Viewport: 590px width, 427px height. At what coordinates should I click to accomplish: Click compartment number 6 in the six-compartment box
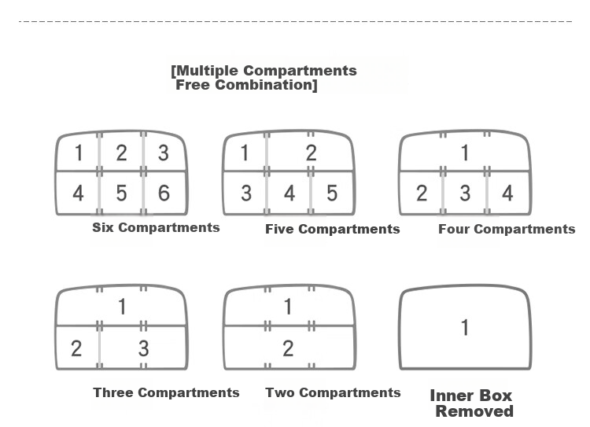(x=164, y=193)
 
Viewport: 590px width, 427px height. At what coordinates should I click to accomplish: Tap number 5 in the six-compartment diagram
(x=121, y=193)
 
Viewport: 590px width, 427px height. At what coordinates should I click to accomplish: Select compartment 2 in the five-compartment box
(x=311, y=153)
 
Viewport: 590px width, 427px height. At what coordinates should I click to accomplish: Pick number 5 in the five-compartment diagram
(x=332, y=193)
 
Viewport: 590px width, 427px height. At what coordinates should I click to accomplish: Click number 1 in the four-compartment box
(x=465, y=153)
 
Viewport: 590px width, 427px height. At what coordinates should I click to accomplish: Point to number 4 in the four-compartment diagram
(x=507, y=193)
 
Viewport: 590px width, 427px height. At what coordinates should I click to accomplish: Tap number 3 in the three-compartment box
(x=143, y=348)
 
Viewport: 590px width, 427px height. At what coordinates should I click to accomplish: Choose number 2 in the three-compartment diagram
(x=76, y=348)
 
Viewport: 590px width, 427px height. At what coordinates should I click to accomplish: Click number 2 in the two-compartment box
(x=288, y=348)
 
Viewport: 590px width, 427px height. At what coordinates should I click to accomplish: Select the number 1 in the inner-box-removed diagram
(x=465, y=327)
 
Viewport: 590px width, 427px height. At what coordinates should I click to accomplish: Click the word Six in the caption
(x=104, y=227)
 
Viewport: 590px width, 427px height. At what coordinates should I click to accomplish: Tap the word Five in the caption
(x=279, y=229)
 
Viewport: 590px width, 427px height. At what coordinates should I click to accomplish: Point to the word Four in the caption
(x=454, y=229)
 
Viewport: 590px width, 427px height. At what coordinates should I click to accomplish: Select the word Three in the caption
(x=113, y=392)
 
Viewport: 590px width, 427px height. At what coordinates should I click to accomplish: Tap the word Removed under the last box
(x=474, y=411)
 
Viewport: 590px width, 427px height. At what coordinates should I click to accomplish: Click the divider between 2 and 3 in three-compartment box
(x=100, y=347)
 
